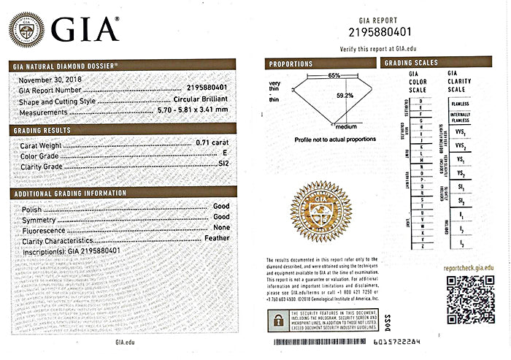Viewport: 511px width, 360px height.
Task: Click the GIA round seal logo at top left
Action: (x=25, y=29)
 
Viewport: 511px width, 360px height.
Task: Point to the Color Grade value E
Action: (x=226, y=156)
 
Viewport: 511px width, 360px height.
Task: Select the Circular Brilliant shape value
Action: (x=201, y=100)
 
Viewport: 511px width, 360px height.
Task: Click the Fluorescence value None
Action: (x=221, y=229)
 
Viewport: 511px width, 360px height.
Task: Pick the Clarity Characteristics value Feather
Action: (x=216, y=240)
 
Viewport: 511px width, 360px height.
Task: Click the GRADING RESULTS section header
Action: (x=42, y=130)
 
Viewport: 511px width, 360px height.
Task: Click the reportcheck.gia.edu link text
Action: (x=472, y=269)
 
